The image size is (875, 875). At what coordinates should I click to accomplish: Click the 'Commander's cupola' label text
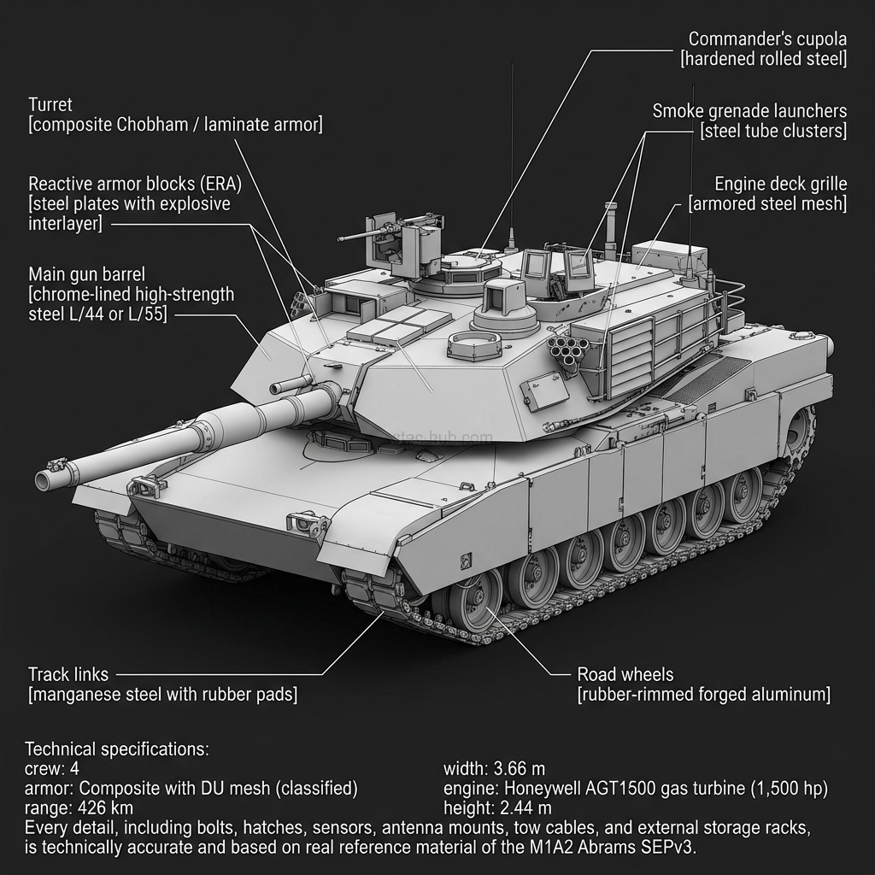click(x=767, y=39)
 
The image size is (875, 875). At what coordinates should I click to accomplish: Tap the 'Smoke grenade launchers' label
click(x=749, y=111)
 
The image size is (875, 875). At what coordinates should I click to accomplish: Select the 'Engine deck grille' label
click(x=780, y=184)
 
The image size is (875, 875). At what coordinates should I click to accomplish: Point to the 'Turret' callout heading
click(x=50, y=105)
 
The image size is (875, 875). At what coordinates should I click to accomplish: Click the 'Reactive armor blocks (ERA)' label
click(x=135, y=184)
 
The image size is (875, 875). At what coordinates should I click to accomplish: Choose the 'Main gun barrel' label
click(x=86, y=274)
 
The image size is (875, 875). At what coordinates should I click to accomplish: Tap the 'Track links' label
click(x=68, y=674)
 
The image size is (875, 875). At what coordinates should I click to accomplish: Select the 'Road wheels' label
click(x=625, y=674)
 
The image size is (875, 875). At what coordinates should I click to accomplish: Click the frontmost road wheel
click(x=475, y=598)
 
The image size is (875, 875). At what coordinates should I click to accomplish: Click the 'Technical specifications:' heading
click(x=116, y=749)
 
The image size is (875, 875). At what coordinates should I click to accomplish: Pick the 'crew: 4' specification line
click(x=52, y=768)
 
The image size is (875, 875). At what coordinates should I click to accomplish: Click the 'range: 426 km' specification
click(x=79, y=807)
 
